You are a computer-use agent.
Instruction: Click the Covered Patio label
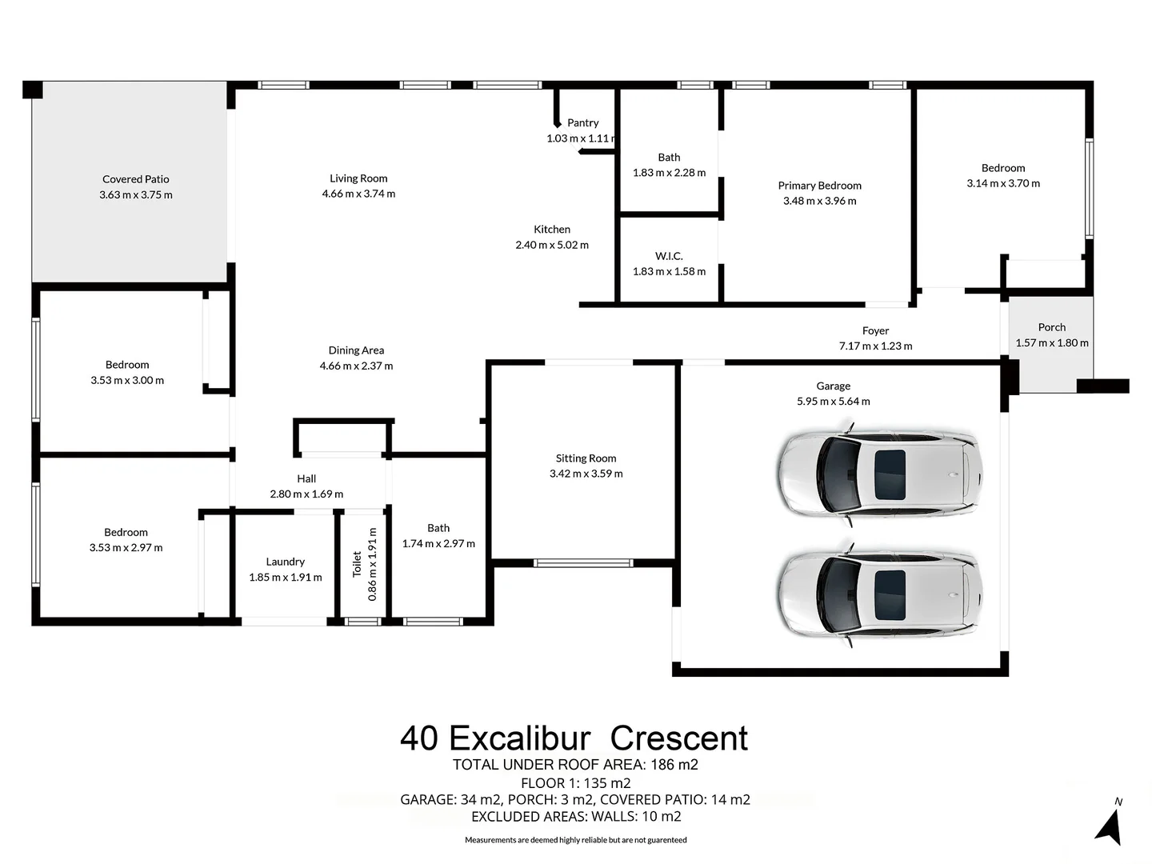[135, 179]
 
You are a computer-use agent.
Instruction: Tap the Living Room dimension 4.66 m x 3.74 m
[358, 194]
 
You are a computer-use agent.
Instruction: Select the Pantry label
[582, 122]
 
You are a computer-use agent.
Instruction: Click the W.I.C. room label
[669, 256]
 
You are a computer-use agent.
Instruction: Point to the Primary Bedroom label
[819, 186]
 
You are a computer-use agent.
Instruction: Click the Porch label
[1051, 327]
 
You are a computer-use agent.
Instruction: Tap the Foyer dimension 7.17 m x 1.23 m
[875, 346]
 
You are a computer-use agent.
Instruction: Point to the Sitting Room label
[586, 458]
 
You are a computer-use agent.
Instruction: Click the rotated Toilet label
[357, 563]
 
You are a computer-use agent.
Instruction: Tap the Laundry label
[285, 562]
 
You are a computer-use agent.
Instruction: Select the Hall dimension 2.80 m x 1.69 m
[306, 494]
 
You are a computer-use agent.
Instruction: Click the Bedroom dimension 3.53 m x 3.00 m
[127, 381]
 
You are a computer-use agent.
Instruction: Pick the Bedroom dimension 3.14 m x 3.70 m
[1003, 183]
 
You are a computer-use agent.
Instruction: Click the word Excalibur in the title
[519, 738]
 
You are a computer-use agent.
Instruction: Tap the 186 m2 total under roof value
[674, 765]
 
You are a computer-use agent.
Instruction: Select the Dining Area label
[356, 350]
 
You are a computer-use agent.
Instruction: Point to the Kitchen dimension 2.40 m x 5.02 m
[552, 245]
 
